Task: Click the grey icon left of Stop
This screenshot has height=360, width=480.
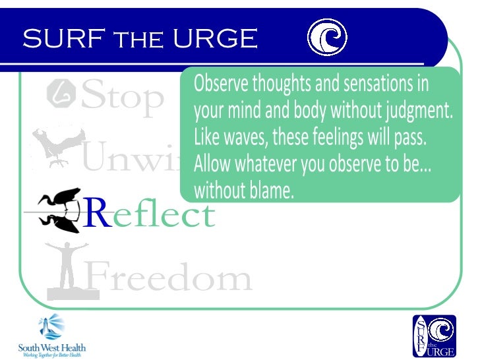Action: point(60,95)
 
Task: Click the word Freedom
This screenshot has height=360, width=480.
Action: point(168,278)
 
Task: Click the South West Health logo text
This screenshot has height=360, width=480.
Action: point(51,349)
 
